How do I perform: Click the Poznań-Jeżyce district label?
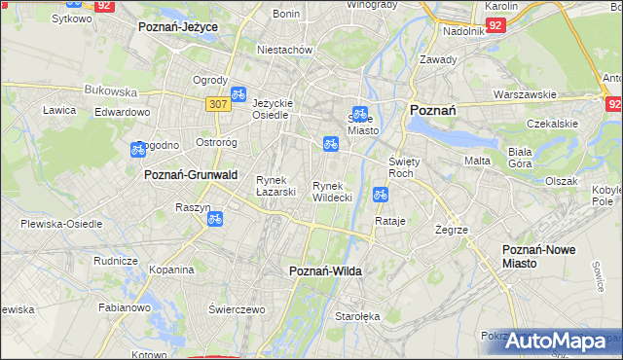178,27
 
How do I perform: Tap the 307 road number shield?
217,103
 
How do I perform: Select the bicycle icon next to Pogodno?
138,149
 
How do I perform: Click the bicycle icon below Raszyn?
215,220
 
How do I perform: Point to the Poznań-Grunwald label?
191,174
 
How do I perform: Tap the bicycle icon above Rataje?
381,196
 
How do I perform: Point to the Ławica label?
59,110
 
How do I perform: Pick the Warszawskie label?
525,94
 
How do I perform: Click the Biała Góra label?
527,158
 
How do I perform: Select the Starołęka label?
362,316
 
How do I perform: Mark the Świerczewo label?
237,308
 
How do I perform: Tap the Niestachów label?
283,49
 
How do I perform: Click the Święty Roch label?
403,166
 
